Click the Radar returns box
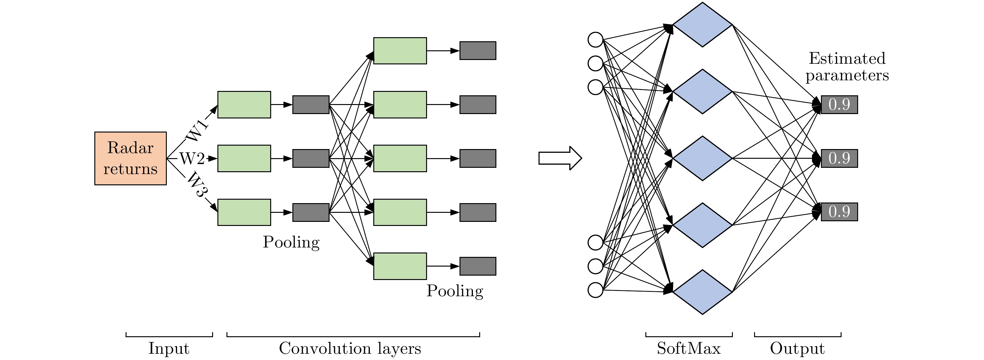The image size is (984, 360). tap(130, 158)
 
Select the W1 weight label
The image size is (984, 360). tap(197, 130)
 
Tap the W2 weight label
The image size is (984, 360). tap(192, 158)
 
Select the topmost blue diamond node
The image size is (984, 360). tap(702, 25)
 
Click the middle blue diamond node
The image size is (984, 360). tap(702, 158)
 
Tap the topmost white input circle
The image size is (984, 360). tap(595, 39)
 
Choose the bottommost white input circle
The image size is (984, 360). tap(595, 290)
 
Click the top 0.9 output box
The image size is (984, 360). tap(839, 104)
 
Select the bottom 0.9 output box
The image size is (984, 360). tap(839, 212)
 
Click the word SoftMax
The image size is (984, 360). tap(688, 348)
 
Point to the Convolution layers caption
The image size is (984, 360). tap(350, 348)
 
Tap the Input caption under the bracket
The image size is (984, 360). tap(168, 348)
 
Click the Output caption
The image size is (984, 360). tap(797, 348)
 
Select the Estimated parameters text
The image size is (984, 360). tap(847, 67)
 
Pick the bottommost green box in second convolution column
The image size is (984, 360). tap(400, 266)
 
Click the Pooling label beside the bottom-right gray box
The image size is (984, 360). tap(455, 291)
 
